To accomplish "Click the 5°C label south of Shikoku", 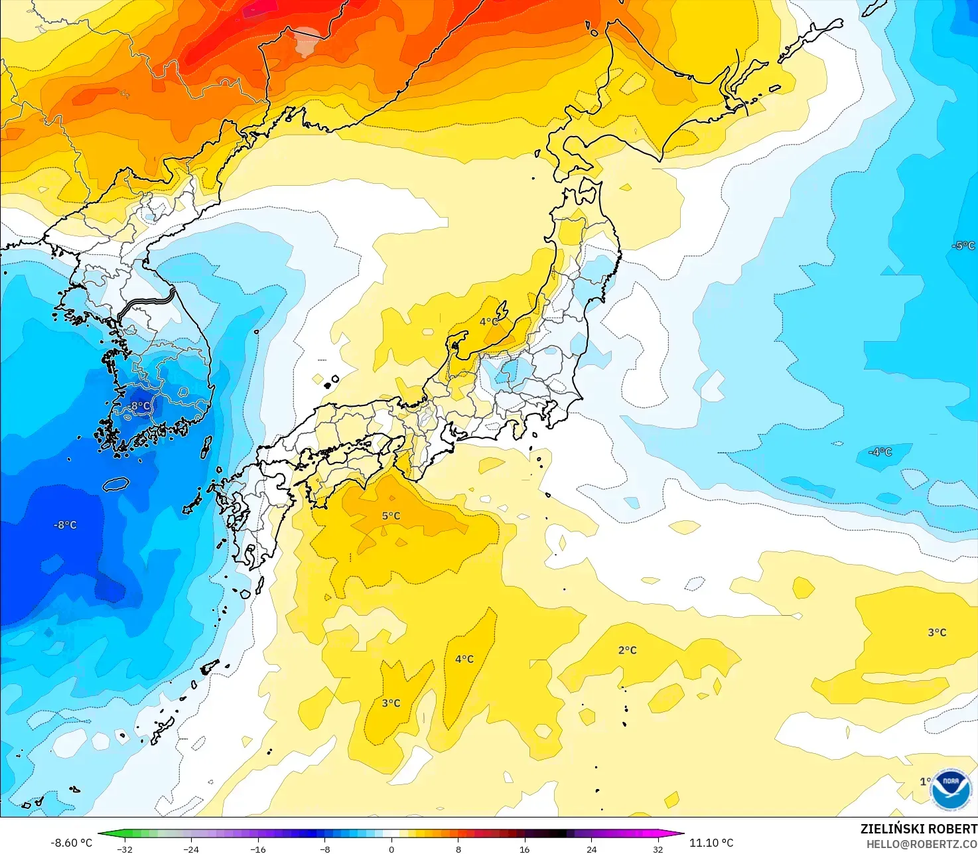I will pos(391,516).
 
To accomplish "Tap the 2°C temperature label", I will pos(627,650).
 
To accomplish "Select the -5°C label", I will pos(963,246).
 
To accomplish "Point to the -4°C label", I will pos(880,452).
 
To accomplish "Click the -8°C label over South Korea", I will pos(139,406).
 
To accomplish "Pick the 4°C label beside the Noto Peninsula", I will pos(489,322).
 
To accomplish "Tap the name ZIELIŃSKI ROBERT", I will pos(918,829).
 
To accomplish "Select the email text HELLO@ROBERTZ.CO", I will pos(922,844).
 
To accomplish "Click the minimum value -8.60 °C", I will pos(71,843).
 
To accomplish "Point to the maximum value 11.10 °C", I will pos(711,843).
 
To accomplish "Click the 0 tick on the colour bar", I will pos(391,849).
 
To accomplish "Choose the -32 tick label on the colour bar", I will pos(124,849).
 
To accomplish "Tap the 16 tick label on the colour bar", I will pos(524,849).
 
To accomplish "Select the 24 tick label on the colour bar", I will pos(591,849).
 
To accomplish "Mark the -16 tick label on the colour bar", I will pos(257,849).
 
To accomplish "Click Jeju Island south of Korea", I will pos(115,484).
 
